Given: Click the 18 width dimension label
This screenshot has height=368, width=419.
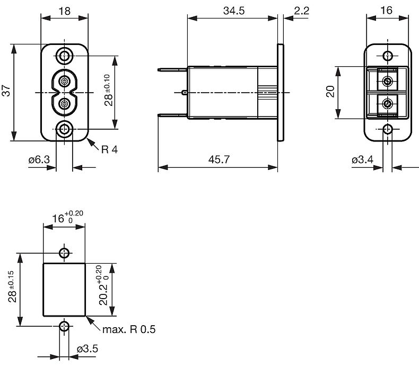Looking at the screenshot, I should [x=64, y=10].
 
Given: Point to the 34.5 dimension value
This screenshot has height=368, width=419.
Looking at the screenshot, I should [x=234, y=10].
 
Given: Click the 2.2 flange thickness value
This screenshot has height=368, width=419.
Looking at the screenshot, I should [x=300, y=10].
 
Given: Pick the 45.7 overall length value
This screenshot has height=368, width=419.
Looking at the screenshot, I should [x=219, y=159].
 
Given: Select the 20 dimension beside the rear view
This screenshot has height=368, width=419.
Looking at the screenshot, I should [x=329, y=93].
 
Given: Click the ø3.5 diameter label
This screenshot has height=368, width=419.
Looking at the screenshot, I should [x=88, y=349].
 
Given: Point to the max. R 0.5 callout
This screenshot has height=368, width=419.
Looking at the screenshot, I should [x=129, y=330].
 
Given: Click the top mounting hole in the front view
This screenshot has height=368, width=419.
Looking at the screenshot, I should [x=65, y=55].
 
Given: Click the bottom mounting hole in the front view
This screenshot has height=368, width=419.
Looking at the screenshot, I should [x=65, y=129].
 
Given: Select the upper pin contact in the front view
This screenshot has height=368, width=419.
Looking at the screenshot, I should [x=65, y=81].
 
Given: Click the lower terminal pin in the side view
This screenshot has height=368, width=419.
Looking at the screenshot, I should [x=172, y=115].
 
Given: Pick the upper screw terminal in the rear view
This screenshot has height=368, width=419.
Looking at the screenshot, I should [x=388, y=81].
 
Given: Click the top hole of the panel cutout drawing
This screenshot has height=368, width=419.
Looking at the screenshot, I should [x=64, y=253].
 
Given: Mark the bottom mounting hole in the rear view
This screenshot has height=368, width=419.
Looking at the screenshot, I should [x=388, y=129].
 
